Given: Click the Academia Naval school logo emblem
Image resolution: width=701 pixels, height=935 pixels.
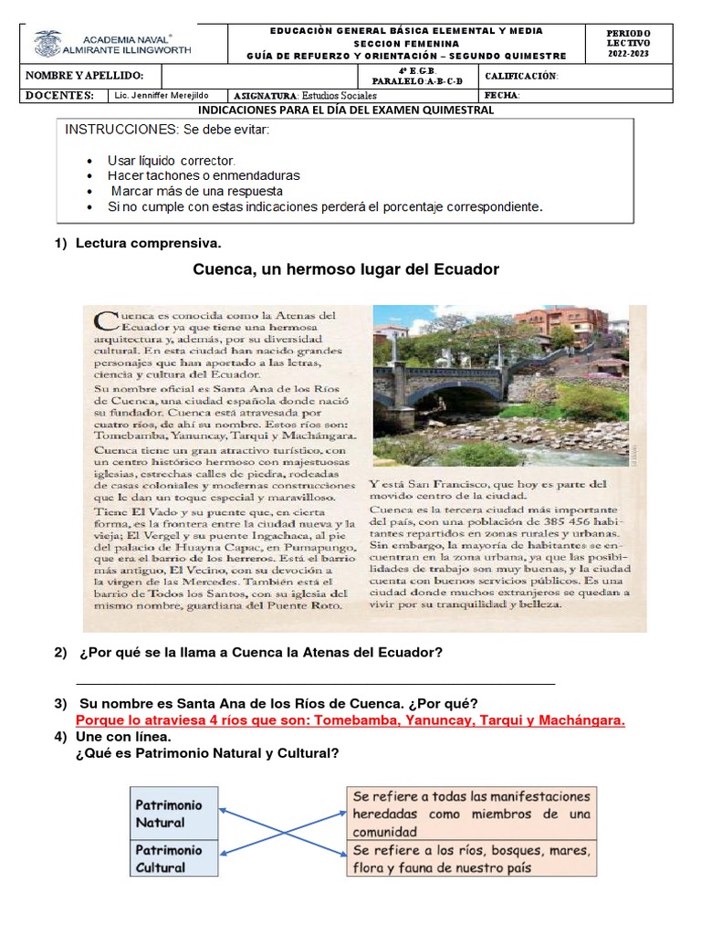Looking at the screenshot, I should click(47, 43).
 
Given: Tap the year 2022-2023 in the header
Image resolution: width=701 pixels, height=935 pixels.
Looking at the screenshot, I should click(628, 54).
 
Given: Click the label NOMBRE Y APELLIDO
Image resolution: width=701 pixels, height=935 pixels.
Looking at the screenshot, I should click(84, 76).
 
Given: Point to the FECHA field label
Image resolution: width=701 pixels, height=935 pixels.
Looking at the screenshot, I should click(502, 95).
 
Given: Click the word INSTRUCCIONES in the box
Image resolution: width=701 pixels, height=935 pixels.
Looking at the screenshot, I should click(113, 130).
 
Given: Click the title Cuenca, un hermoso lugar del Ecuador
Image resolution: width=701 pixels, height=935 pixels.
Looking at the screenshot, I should click(346, 269).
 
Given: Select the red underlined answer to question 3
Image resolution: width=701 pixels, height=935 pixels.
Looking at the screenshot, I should click(350, 720).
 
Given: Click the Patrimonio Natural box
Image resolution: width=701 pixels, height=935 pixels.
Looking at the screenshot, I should click(173, 813).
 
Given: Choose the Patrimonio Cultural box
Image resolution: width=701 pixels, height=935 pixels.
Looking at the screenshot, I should click(173, 858).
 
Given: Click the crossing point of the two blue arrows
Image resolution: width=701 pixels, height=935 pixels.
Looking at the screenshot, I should click(282, 829).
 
